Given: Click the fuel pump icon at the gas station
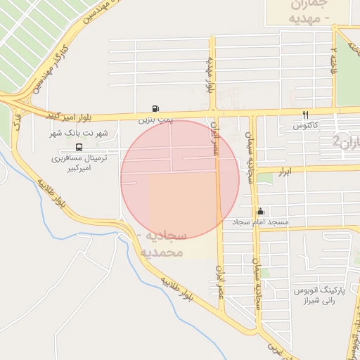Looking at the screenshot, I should coord(155,109).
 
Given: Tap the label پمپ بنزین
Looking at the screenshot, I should coord(155,121).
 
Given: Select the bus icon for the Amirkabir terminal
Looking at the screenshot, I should coord(78,148).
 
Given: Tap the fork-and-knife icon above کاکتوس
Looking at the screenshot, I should coord(305,115).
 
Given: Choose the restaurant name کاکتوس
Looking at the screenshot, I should coord(307,126).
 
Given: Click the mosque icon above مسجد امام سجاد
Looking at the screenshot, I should coord(261,212).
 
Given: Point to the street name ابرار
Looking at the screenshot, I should coord(284,172).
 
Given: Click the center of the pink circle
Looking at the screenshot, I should coord(180,179).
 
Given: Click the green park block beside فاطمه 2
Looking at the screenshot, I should coord(347,70).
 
